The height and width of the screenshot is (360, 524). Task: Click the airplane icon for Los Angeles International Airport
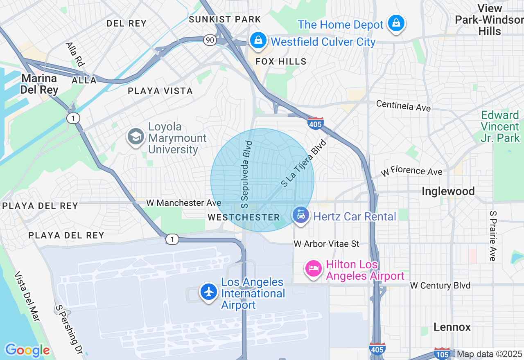pos(209,292)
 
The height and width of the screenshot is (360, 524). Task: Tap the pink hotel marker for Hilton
pos(314,269)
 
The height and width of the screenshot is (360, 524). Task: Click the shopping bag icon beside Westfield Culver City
pos(258,40)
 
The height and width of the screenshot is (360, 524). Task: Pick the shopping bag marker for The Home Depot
pos(396,24)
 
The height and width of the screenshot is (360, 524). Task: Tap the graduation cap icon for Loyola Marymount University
pos(136,137)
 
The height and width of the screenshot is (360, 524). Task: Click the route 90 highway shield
pos(210,40)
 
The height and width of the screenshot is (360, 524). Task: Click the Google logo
pos(27,350)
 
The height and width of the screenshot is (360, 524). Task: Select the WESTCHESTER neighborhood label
pos(244,217)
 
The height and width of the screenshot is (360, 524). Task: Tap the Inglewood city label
pos(448,191)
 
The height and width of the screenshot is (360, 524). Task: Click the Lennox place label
pos(452,327)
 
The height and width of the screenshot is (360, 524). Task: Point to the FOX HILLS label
pos(281,61)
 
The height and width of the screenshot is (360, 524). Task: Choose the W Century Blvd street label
pos(440,286)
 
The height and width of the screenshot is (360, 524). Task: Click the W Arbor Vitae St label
pos(326,244)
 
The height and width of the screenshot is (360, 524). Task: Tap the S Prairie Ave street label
pos(492,236)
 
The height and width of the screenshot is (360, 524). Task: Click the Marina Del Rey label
pos(40,84)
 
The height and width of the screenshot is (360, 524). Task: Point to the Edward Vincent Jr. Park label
pos(500,126)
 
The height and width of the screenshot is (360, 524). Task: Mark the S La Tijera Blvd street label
pos(303,163)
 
